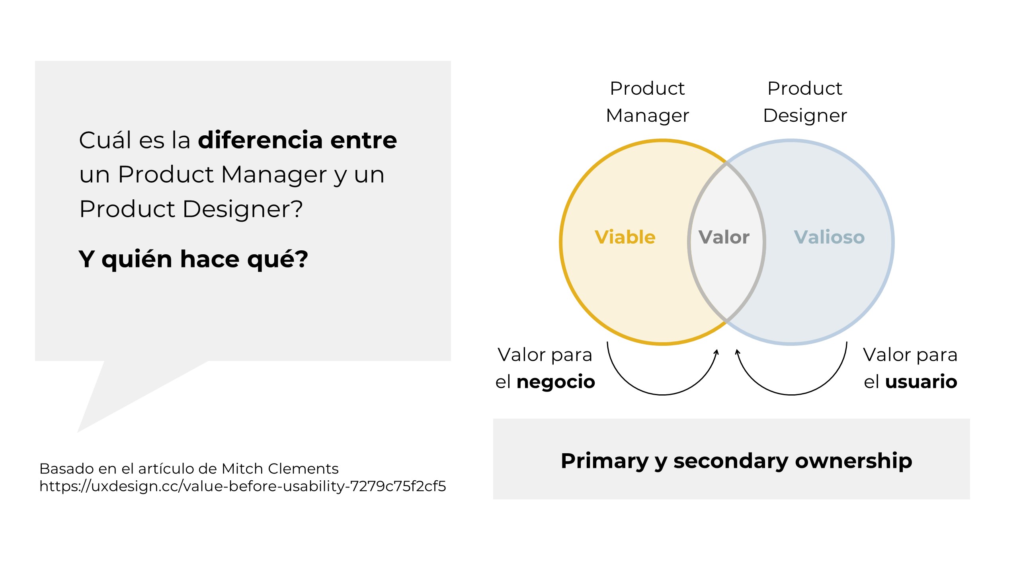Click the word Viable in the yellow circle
pyautogui.click(x=625, y=237)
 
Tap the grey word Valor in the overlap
pyautogui.click(x=724, y=237)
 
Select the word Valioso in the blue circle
pyautogui.click(x=829, y=237)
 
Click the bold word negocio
pyautogui.click(x=556, y=382)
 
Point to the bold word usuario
pyautogui.click(x=921, y=382)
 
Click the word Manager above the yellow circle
pyautogui.click(x=648, y=116)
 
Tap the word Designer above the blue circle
pyautogui.click(x=805, y=116)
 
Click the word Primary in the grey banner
pyautogui.click(x=605, y=461)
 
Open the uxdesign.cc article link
pyautogui.click(x=243, y=486)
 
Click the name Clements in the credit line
pyautogui.click(x=303, y=469)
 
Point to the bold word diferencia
pyautogui.click(x=260, y=140)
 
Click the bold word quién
pyautogui.click(x=137, y=259)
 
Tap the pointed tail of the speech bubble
pyautogui.click(x=78, y=431)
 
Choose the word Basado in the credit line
pyautogui.click(x=66, y=469)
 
